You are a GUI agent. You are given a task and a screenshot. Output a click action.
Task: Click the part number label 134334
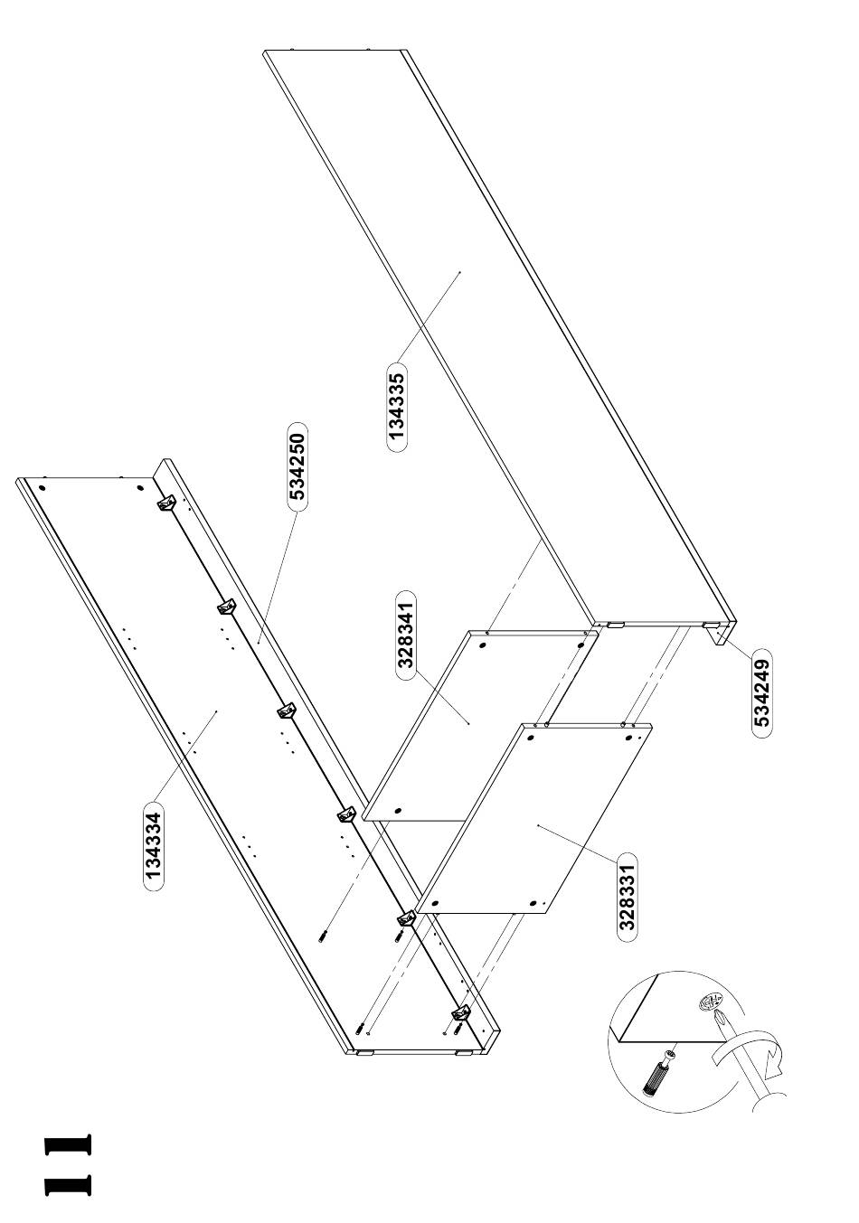pos(155,845)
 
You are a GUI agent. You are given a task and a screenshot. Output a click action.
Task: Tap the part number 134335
pos(396,407)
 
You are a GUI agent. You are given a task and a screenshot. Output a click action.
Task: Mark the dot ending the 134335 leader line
pos(460,271)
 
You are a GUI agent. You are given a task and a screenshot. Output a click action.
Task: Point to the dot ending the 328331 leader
pos(539,825)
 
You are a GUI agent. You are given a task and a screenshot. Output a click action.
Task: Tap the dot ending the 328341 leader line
pos(469,723)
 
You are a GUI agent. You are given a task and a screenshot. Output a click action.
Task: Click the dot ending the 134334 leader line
pos(217,712)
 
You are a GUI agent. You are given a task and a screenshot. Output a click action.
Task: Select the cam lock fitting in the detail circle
pos(710,1001)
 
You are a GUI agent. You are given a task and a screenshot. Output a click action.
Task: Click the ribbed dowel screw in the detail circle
pos(656,1075)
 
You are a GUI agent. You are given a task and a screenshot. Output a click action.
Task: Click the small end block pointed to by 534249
pos(719,635)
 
